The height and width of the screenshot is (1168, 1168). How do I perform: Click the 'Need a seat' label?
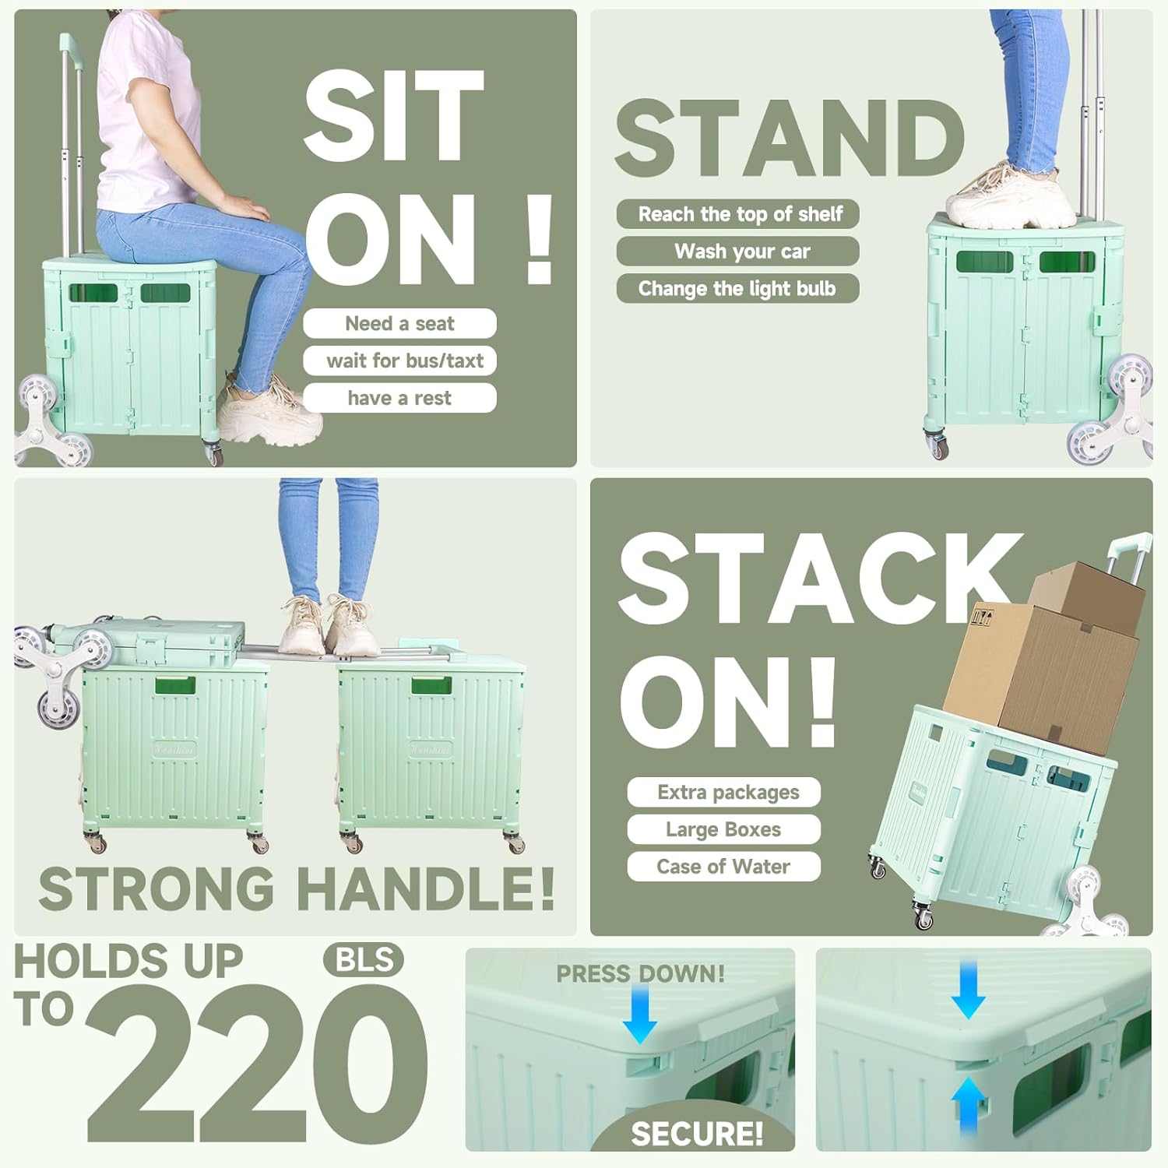click(399, 323)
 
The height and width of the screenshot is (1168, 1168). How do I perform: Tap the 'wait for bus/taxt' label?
click(399, 361)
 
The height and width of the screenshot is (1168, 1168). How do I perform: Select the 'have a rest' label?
click(399, 398)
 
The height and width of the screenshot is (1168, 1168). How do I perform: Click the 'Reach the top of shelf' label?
click(737, 214)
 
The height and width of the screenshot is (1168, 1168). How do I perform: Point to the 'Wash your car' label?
click(737, 252)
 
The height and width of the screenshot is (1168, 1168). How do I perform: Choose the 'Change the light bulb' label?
click(737, 289)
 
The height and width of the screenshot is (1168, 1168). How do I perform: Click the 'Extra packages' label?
click(724, 792)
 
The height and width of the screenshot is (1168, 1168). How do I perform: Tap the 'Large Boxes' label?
click(724, 829)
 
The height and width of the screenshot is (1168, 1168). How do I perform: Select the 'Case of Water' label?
click(724, 867)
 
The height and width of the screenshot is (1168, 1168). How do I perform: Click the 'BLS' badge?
click(364, 960)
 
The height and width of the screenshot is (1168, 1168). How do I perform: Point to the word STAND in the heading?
click(790, 139)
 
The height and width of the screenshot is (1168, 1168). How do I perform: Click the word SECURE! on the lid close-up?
click(697, 1134)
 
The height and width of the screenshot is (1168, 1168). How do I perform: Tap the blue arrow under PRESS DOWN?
click(640, 1013)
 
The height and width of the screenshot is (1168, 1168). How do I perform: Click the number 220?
click(257, 1064)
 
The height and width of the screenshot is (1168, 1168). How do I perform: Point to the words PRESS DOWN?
click(640, 973)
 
